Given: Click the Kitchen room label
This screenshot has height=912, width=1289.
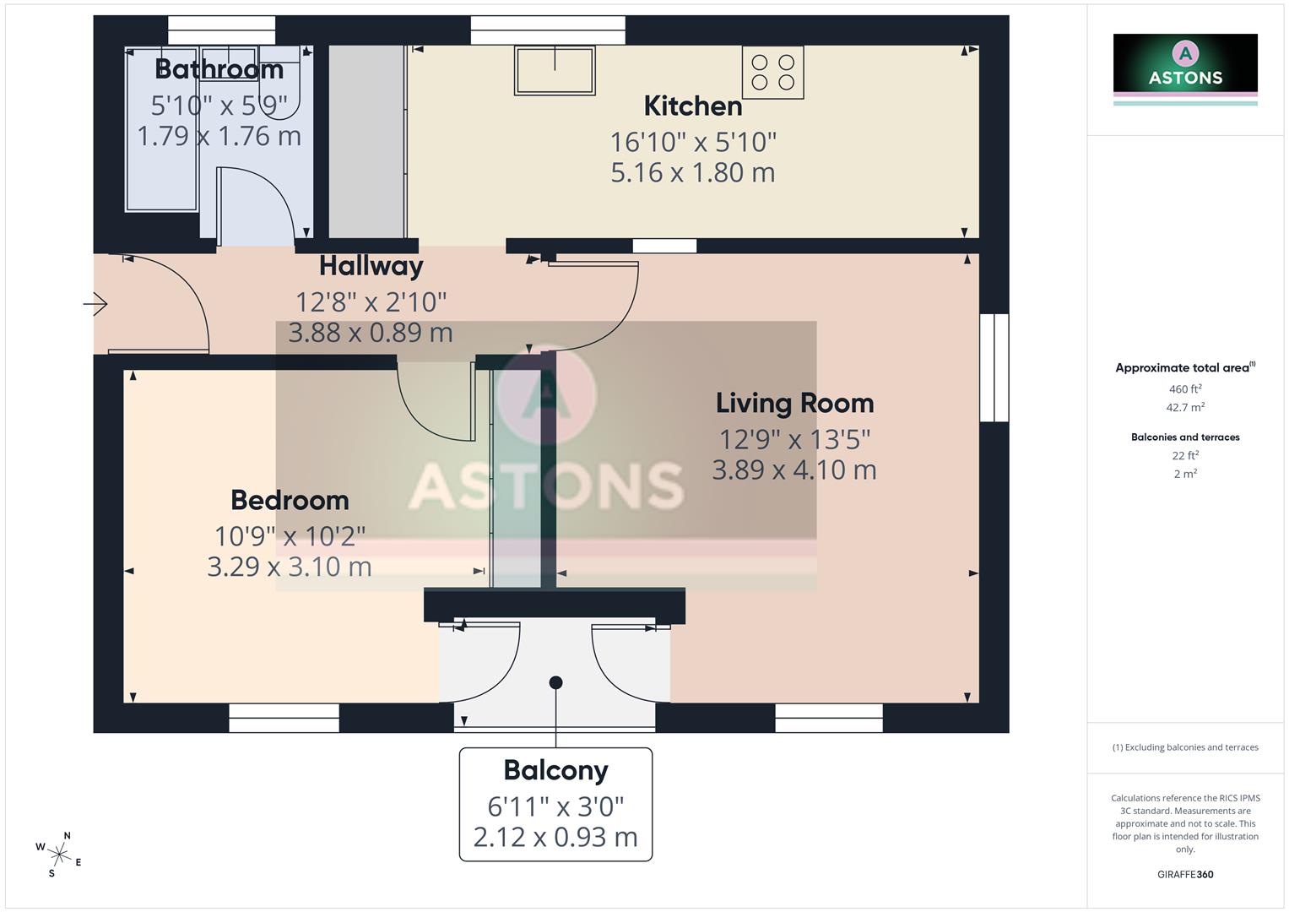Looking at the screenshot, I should [692, 106].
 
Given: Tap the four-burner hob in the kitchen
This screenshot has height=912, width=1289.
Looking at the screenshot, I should [772, 73].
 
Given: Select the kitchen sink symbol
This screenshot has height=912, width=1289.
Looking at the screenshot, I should [555, 71].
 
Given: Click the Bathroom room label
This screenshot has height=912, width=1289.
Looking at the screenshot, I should [219, 68].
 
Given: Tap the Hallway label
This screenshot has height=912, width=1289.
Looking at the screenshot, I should [371, 266].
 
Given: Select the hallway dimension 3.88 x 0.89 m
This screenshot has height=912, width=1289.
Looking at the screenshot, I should [371, 333].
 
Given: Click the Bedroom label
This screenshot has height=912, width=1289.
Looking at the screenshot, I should [290, 500].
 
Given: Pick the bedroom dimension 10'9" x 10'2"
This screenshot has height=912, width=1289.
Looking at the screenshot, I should [290, 535].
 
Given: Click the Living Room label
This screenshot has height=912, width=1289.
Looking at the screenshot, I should [794, 403].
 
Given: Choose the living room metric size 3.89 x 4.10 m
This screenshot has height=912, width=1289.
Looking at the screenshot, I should [793, 470].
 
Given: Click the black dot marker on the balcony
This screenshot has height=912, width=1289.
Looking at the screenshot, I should [555, 682].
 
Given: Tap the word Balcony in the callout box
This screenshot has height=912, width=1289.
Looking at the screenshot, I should [555, 770].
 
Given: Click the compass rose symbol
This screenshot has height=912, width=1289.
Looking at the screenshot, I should [59, 854].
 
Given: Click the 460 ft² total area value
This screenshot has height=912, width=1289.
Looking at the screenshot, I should [1185, 389].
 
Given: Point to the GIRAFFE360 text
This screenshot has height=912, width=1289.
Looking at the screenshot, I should [1185, 874].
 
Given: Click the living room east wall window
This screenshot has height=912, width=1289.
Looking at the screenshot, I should [994, 368].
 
